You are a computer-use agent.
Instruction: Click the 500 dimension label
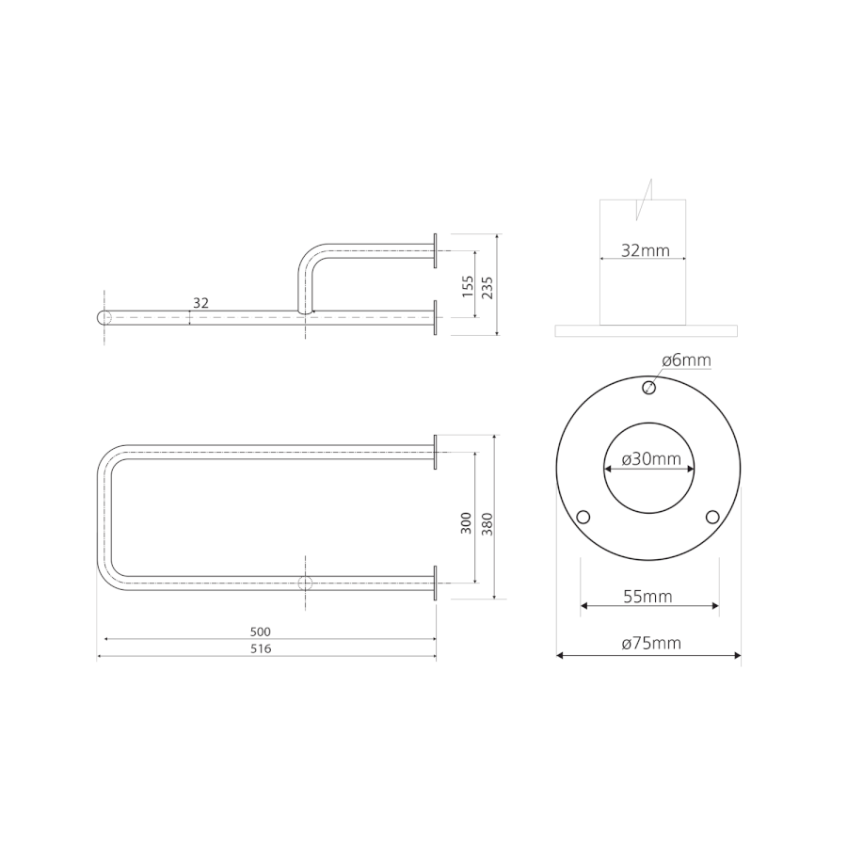[261, 631]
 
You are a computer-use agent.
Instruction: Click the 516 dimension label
[261, 648]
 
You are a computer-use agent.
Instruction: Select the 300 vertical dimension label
[466, 523]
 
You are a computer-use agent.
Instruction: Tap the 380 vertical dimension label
[487, 524]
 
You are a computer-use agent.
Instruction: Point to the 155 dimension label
[468, 286]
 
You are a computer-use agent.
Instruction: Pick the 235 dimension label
[487, 287]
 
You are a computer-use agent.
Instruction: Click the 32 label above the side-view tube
[201, 303]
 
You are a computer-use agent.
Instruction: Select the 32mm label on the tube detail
[646, 250]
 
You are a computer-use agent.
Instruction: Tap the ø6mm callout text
[687, 360]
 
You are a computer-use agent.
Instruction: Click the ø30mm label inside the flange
[651, 458]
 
